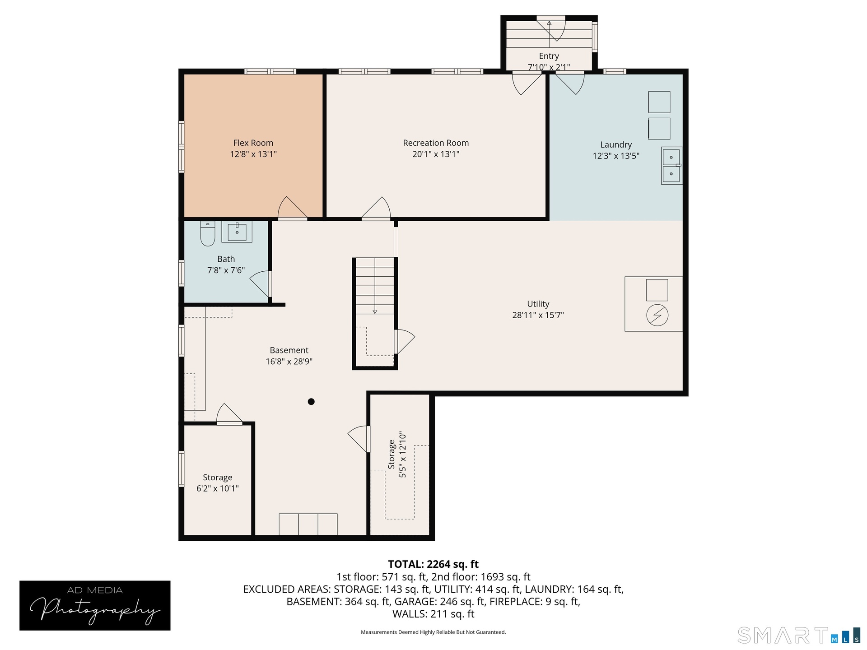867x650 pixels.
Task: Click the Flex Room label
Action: pyautogui.click(x=253, y=143)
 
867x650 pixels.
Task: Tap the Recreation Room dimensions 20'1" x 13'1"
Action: pyautogui.click(x=436, y=154)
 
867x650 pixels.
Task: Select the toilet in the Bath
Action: pyautogui.click(x=208, y=234)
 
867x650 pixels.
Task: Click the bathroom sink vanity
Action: pyautogui.click(x=237, y=232)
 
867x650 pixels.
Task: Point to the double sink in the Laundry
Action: pyautogui.click(x=671, y=166)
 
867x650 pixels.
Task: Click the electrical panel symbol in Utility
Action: pyautogui.click(x=657, y=315)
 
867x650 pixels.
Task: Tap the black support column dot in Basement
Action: pyautogui.click(x=311, y=401)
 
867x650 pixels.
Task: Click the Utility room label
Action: pyautogui.click(x=538, y=304)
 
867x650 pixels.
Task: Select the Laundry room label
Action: pyautogui.click(x=616, y=145)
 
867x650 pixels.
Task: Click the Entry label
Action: pyautogui.click(x=549, y=56)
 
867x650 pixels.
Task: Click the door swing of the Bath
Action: pyautogui.click(x=260, y=283)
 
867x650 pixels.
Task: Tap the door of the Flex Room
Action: pyautogui.click(x=292, y=208)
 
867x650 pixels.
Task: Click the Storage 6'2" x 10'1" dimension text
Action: pyautogui.click(x=218, y=489)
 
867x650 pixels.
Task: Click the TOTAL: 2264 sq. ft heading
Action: pyautogui.click(x=433, y=564)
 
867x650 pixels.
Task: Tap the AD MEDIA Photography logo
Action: pyautogui.click(x=95, y=605)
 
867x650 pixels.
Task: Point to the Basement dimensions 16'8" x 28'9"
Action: pyautogui.click(x=289, y=362)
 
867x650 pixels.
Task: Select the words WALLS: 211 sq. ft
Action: pyautogui.click(x=433, y=614)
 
